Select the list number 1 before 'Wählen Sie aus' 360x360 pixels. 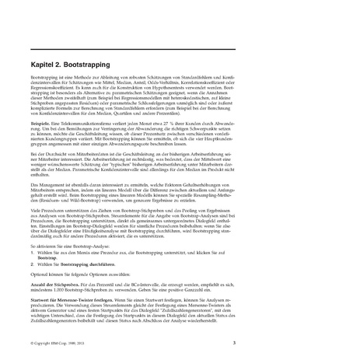(x=33, y=253)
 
